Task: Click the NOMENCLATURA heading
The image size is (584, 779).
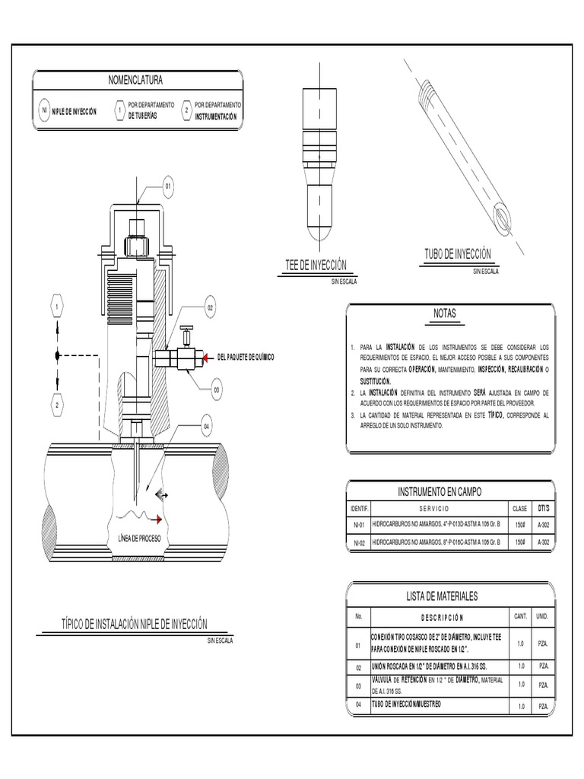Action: pyautogui.click(x=137, y=80)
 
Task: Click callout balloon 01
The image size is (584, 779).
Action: pyautogui.click(x=168, y=186)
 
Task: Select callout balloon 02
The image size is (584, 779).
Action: pyautogui.click(x=211, y=308)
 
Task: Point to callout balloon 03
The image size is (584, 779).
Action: pyautogui.click(x=216, y=390)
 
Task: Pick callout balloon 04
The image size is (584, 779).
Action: pyautogui.click(x=205, y=427)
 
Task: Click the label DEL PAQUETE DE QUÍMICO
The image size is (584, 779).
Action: pyautogui.click(x=246, y=357)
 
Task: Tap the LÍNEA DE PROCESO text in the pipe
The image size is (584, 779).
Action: pyautogui.click(x=139, y=538)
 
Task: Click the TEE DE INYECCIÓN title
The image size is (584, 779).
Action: pyautogui.click(x=316, y=264)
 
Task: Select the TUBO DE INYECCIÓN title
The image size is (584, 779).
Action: pyautogui.click(x=457, y=253)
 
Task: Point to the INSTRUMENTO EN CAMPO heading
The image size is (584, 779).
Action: pyautogui.click(x=440, y=492)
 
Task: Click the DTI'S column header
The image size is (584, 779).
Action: pyautogui.click(x=543, y=507)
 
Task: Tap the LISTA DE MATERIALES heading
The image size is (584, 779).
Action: pyautogui.click(x=443, y=596)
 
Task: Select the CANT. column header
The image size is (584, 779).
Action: pyautogui.click(x=521, y=616)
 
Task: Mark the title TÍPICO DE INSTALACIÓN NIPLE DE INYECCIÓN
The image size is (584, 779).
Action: pyautogui.click(x=134, y=624)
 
